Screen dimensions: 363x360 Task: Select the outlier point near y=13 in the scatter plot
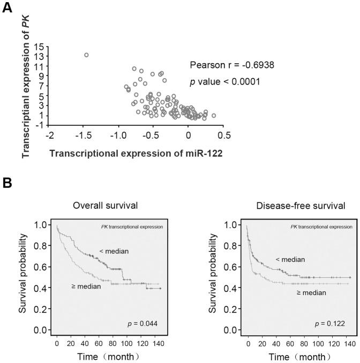tap(86, 55)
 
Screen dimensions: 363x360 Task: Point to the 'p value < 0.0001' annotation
tap(225, 81)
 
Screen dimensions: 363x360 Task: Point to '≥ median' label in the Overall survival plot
tap(87, 286)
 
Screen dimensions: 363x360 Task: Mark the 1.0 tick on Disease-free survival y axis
tap(232, 226)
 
